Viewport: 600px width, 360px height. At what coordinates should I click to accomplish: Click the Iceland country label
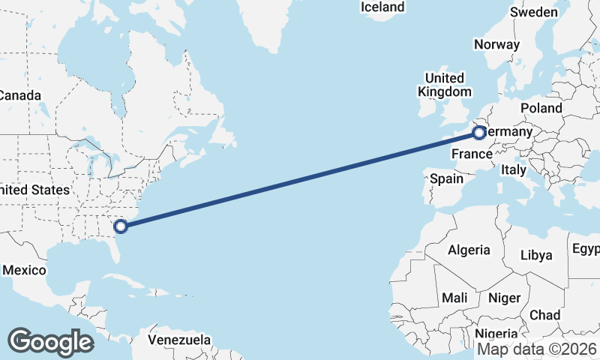click(x=382, y=7)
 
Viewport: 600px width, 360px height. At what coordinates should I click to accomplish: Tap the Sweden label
click(x=534, y=13)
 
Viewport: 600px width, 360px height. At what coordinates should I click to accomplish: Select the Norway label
click(x=496, y=44)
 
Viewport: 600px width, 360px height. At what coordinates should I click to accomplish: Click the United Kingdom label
click(x=445, y=85)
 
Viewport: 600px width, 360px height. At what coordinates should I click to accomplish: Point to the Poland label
click(x=541, y=108)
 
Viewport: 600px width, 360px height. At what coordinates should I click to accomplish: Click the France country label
click(x=471, y=154)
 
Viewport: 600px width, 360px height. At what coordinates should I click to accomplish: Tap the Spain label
click(x=447, y=179)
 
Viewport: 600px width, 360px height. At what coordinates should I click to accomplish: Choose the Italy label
click(x=514, y=170)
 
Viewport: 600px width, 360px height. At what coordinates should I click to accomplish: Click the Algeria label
click(x=469, y=250)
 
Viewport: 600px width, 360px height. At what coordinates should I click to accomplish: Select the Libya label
click(x=536, y=255)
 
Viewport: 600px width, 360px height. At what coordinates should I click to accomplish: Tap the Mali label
click(x=454, y=298)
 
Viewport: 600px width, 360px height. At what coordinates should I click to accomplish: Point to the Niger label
click(x=504, y=298)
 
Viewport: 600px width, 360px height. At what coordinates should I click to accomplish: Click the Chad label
click(x=545, y=314)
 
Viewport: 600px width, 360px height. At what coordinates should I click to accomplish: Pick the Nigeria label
click(x=496, y=334)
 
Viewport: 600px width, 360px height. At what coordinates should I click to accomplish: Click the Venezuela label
click(x=179, y=340)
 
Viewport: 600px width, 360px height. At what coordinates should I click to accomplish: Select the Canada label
click(x=19, y=96)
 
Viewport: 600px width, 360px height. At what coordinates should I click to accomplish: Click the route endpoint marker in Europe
click(x=479, y=133)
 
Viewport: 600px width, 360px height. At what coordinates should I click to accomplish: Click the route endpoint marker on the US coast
click(x=120, y=224)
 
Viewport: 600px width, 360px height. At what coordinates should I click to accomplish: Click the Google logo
click(x=50, y=342)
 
